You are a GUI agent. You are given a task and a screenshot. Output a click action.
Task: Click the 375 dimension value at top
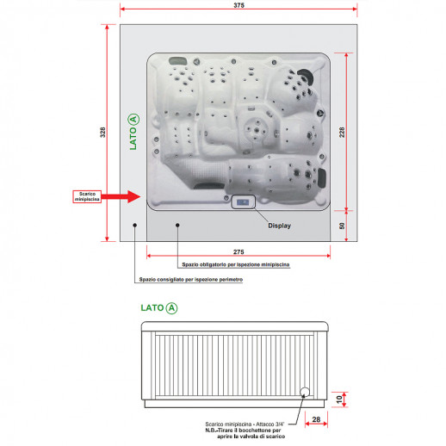tap(238, 5)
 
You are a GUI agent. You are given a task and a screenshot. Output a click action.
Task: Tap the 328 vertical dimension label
tap(102, 133)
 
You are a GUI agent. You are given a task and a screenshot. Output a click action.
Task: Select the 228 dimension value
tap(342, 133)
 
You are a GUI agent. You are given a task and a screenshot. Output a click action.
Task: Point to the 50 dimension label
tap(342, 226)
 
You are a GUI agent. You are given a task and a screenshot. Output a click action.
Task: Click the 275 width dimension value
tap(238, 251)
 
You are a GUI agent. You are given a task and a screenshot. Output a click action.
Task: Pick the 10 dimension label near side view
tap(339, 400)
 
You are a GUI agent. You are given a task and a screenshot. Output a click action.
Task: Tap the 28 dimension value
tap(316, 419)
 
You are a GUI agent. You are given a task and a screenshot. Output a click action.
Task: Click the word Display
tap(279, 226)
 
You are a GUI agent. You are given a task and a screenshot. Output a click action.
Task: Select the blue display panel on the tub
tap(243, 202)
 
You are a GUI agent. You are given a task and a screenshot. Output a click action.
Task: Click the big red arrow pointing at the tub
tap(121, 196)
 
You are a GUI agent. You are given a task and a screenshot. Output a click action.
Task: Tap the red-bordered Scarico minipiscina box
tap(87, 196)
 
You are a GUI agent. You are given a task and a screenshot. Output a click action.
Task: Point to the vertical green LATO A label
tap(133, 132)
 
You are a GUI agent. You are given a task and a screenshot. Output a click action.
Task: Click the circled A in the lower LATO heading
tap(171, 308)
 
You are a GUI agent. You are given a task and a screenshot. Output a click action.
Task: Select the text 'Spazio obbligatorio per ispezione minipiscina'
tap(236, 264)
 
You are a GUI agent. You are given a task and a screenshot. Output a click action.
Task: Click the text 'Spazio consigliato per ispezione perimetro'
tap(191, 279)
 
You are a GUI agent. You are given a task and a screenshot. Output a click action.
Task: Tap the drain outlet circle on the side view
tap(305, 392)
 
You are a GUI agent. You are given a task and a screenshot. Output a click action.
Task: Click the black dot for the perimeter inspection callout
tap(134, 226)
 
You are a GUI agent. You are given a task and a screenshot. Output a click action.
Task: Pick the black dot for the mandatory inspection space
tap(177, 226)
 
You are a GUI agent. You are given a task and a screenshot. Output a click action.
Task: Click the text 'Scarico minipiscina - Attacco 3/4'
tap(245, 424)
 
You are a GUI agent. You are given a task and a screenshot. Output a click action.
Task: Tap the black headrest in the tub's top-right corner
tap(306, 76)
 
